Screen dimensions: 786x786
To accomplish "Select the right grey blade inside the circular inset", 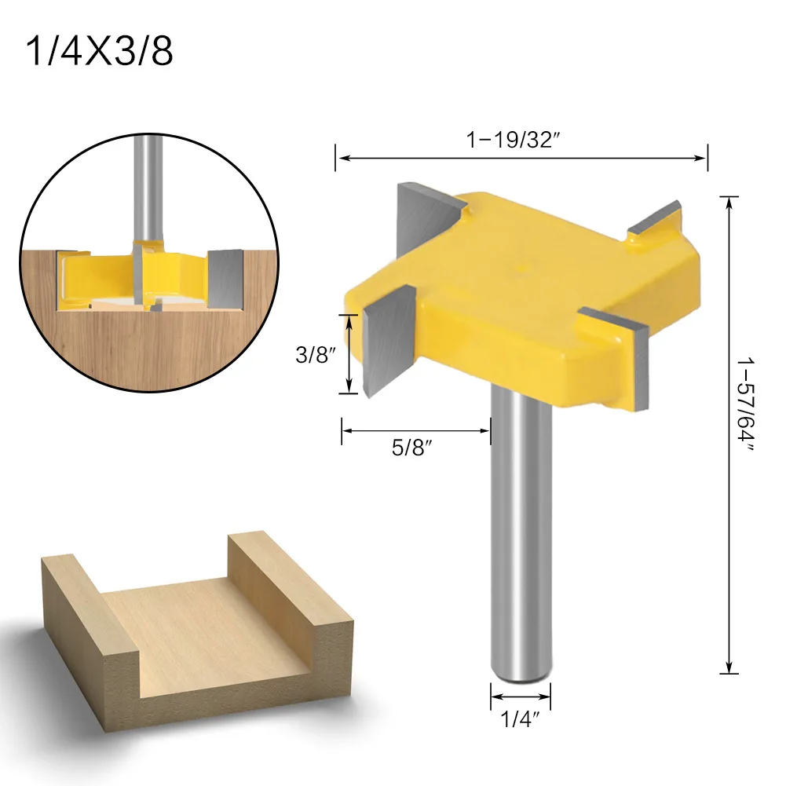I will (223, 279).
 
